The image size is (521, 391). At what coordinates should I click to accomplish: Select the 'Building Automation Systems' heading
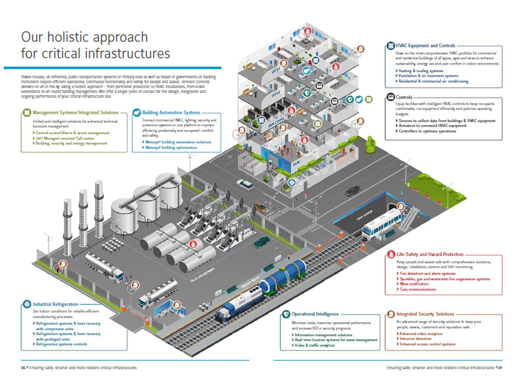(x=171, y=112)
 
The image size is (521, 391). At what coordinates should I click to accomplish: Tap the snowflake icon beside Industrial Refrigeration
(x=27, y=304)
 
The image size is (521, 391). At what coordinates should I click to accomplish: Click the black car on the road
(x=353, y=191)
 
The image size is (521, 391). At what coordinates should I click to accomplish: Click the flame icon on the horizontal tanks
(x=193, y=244)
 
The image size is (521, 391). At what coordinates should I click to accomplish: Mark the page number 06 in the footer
(x=23, y=368)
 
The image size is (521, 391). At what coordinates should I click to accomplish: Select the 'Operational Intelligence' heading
(x=315, y=314)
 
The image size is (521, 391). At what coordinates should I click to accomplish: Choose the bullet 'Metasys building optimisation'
(x=171, y=147)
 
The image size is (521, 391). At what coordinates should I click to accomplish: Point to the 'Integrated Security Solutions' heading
(x=425, y=314)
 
